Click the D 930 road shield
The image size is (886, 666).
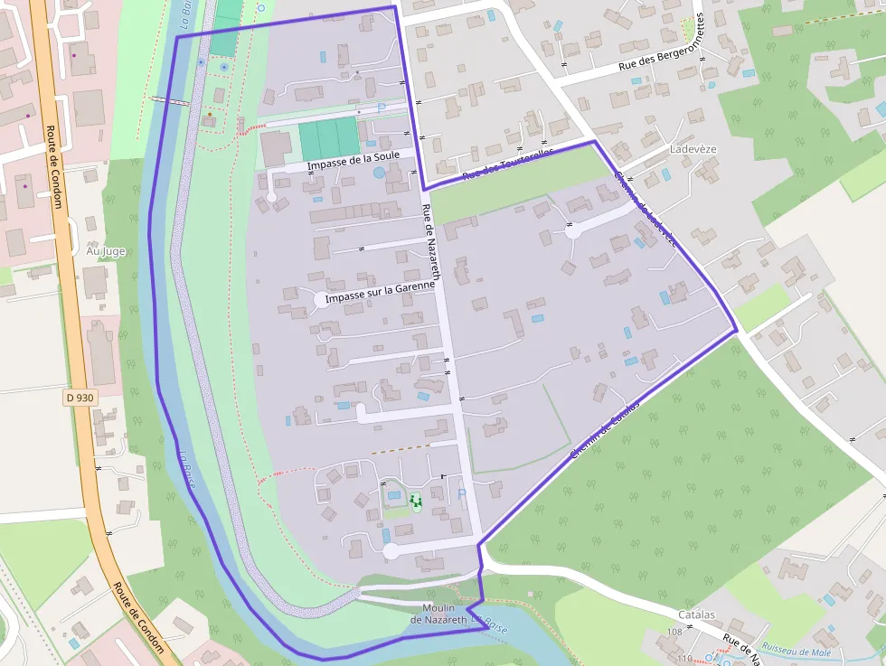(80, 398)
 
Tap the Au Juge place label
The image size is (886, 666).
(106, 250)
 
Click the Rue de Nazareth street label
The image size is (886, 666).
(431, 242)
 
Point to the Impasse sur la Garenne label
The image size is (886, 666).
(380, 291)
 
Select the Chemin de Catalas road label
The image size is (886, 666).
(605, 428)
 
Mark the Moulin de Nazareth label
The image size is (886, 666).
(438, 614)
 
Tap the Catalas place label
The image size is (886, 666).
(696, 614)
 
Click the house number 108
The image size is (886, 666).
(674, 631)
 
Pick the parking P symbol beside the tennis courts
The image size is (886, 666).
(381, 108)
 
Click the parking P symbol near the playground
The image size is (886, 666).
(462, 493)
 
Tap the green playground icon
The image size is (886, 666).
(416, 500)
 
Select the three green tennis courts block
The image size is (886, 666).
(330, 138)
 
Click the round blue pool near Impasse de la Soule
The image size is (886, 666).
(378, 173)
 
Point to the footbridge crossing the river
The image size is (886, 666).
(171, 100)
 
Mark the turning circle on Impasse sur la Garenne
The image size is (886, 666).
(318, 299)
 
